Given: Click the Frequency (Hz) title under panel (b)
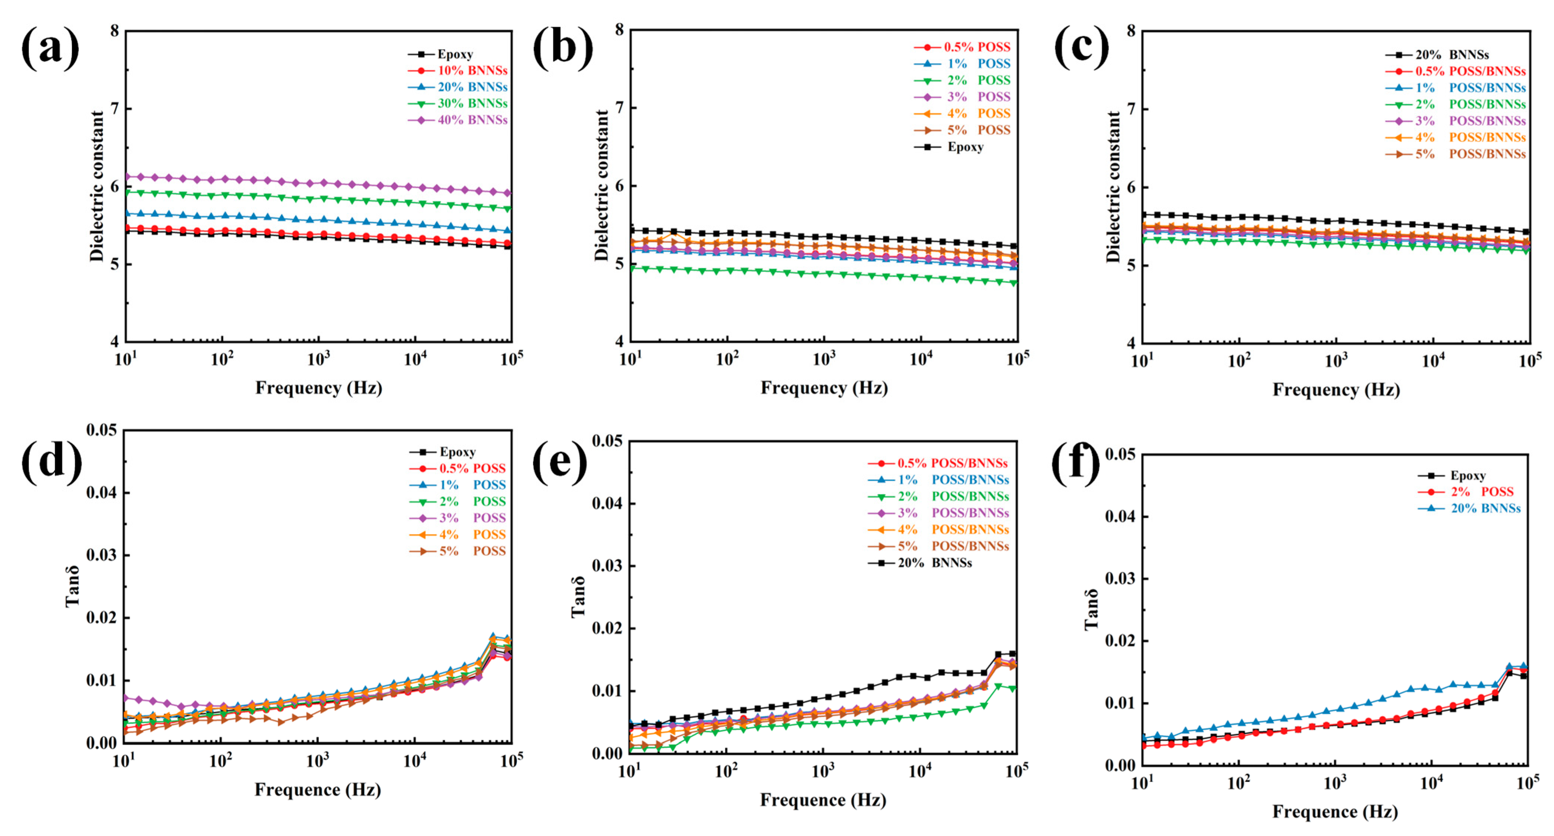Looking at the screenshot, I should (824, 388).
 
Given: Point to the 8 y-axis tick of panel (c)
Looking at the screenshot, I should (1131, 30).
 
